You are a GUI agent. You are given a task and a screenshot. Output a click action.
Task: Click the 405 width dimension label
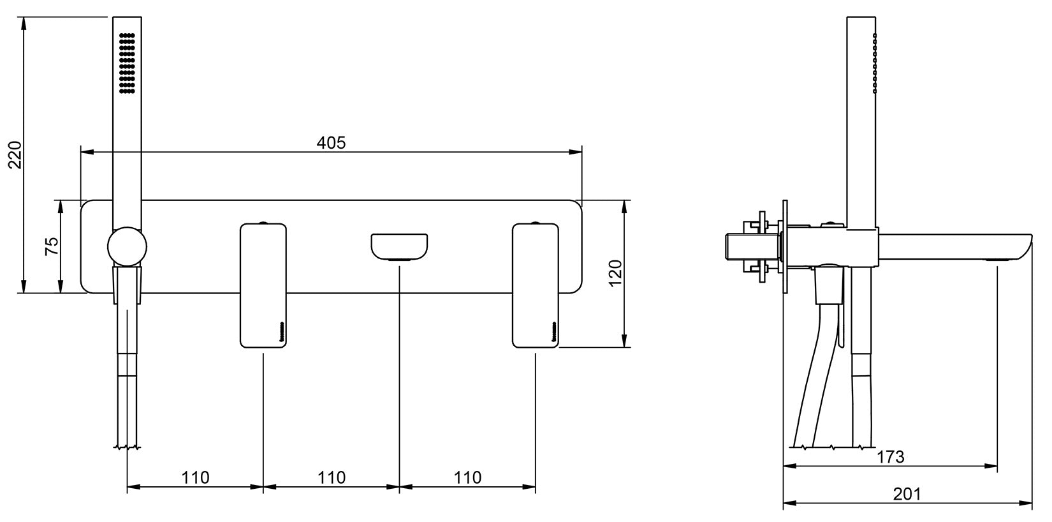click(x=331, y=143)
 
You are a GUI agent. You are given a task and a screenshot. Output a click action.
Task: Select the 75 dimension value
click(x=52, y=246)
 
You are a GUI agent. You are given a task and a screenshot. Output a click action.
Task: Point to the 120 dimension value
click(x=615, y=273)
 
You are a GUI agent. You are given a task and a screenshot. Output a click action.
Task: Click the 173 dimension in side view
click(x=890, y=457)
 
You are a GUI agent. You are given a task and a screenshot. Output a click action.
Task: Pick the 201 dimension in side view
click(x=907, y=494)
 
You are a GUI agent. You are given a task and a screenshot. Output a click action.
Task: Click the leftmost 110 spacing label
click(x=195, y=477)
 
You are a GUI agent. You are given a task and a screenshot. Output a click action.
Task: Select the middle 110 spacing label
click(x=332, y=477)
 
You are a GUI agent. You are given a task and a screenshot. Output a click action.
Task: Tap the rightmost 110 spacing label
click(x=468, y=477)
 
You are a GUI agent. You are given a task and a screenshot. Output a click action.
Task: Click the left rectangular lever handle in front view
click(x=263, y=285)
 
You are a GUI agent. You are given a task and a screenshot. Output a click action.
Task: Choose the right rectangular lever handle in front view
click(x=536, y=285)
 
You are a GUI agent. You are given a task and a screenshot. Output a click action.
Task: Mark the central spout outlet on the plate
click(x=400, y=248)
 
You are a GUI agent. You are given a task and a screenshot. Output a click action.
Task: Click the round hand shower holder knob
click(x=128, y=246)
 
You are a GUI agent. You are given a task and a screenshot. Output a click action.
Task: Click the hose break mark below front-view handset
click(x=128, y=447)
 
